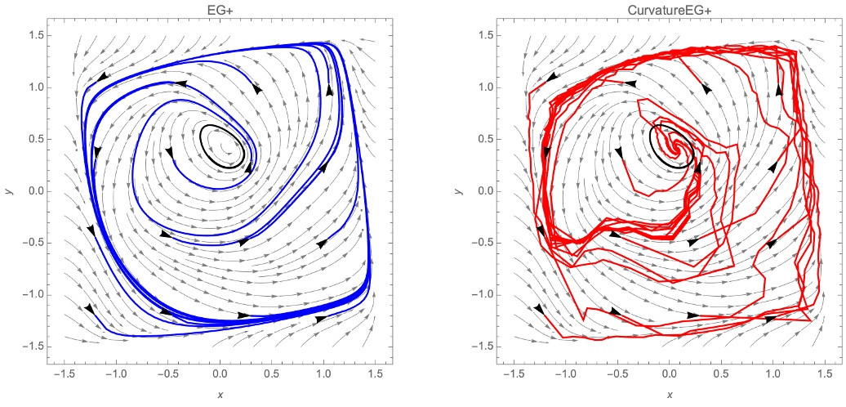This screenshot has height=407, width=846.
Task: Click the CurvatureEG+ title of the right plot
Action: (672, 10)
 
